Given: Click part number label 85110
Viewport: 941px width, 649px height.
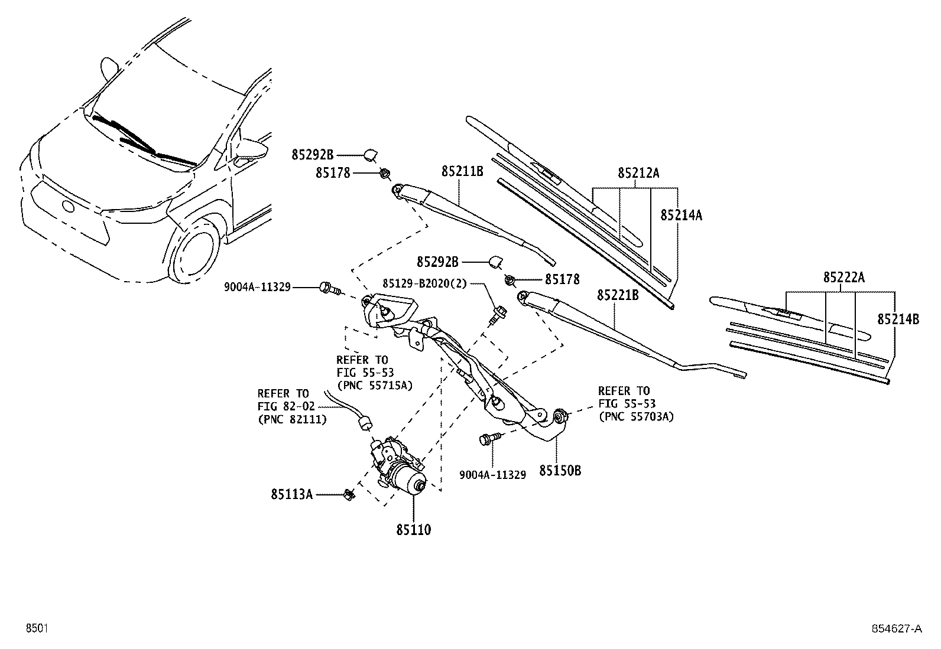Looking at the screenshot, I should point(414,530).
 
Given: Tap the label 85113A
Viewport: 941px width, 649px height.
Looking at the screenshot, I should point(292,494).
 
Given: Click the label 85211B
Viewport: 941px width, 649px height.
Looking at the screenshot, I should point(462,172).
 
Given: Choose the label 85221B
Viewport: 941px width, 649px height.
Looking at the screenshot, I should point(617,295).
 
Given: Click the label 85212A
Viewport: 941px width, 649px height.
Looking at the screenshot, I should point(638,173).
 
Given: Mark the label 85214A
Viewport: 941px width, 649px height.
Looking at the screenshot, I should point(681,215).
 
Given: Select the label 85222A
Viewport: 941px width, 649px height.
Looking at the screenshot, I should point(843,278).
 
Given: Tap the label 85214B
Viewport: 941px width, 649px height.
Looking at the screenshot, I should point(898,319).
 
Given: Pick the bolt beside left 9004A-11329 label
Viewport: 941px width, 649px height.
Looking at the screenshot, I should point(328,288).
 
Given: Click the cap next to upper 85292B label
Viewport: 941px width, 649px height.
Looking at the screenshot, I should point(372,155).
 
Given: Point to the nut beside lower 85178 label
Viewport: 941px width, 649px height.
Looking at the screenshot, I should point(510,279).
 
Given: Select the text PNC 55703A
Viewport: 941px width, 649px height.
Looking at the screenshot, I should point(636,416).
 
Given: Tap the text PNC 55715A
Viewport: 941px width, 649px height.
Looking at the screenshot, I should point(374,385).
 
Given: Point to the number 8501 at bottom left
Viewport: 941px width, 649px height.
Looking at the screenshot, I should point(35,629).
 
